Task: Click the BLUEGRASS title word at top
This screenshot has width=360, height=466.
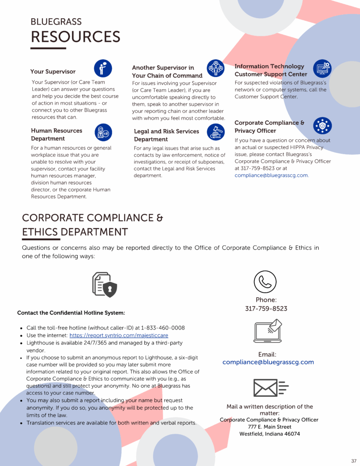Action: (x=56, y=22)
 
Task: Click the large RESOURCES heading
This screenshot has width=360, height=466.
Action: (x=75, y=37)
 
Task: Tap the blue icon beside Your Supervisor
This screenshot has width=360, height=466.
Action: (x=103, y=68)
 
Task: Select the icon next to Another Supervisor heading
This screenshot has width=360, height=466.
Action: (x=215, y=68)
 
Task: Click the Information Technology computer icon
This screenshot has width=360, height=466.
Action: (x=322, y=69)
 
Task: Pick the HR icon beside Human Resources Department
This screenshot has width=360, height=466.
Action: (x=103, y=132)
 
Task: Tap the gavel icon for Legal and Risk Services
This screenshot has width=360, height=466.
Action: (x=215, y=132)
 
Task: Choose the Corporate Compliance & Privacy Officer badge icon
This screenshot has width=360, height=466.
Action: (x=322, y=126)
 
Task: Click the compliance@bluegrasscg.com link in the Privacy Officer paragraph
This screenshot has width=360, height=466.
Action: (x=271, y=175)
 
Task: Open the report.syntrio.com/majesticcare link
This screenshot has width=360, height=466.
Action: (x=119, y=335)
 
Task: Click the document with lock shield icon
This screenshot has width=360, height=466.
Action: (x=105, y=285)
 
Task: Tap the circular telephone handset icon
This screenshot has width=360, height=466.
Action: (x=265, y=281)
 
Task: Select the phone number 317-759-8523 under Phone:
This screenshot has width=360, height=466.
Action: (x=266, y=309)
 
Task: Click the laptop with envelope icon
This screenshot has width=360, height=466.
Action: (x=268, y=331)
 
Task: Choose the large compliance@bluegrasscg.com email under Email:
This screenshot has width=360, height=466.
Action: (x=268, y=362)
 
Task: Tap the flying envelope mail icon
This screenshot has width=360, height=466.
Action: (x=271, y=388)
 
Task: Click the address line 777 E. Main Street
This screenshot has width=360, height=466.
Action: (x=269, y=427)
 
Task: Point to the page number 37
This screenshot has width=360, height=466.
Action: (x=354, y=461)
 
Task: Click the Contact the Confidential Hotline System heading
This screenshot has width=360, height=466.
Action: (x=71, y=313)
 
